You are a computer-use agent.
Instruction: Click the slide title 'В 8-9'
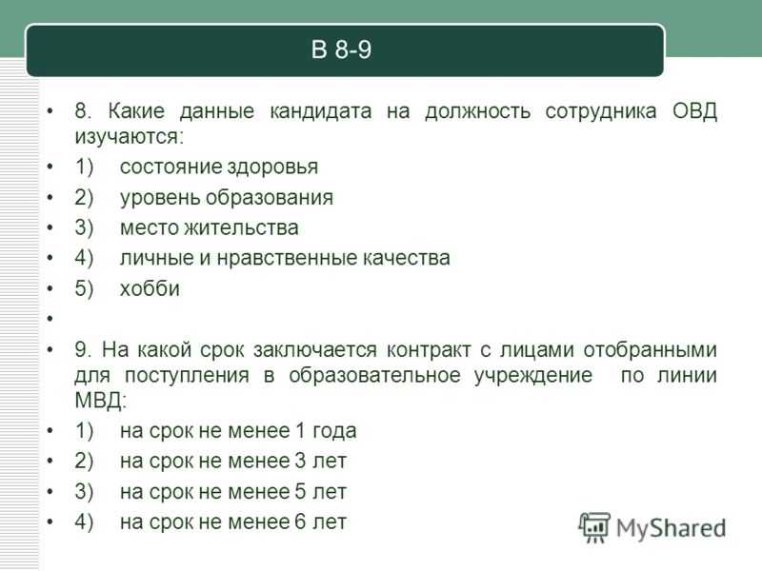[341, 49]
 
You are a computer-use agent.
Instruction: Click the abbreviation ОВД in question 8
[694, 111]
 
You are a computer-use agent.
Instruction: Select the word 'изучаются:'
[130, 137]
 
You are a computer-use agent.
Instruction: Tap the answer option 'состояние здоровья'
[219, 167]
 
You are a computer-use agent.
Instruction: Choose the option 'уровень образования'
[227, 198]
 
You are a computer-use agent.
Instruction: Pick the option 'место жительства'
[209, 227]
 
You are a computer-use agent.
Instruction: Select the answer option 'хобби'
[150, 288]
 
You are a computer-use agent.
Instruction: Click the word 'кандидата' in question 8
[321, 111]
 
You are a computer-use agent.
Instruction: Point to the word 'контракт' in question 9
[429, 349]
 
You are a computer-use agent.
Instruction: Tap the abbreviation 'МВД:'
[101, 401]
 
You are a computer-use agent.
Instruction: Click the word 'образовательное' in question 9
[374, 375]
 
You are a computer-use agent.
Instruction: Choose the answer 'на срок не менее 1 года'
[238, 431]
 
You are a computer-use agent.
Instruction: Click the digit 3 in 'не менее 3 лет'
[301, 462]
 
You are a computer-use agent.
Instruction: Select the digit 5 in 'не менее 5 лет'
[301, 492]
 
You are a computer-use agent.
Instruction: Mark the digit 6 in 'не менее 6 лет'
[301, 522]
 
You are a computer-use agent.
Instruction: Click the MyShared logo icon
[594, 527]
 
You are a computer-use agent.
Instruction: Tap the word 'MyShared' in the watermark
[672, 528]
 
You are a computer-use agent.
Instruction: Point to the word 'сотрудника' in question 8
[601, 111]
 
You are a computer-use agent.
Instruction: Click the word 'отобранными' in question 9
[651, 350]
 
